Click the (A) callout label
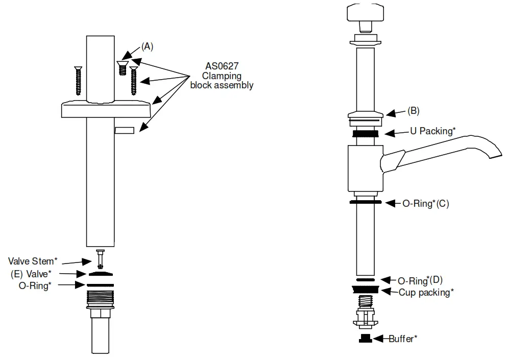coord(147,46)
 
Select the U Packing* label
coord(432,131)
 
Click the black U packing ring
coord(365,133)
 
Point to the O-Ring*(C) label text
coord(426,203)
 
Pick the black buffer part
coord(365,339)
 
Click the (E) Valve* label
coord(32,273)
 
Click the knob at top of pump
coord(365,14)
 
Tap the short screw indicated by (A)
coord(122,67)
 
